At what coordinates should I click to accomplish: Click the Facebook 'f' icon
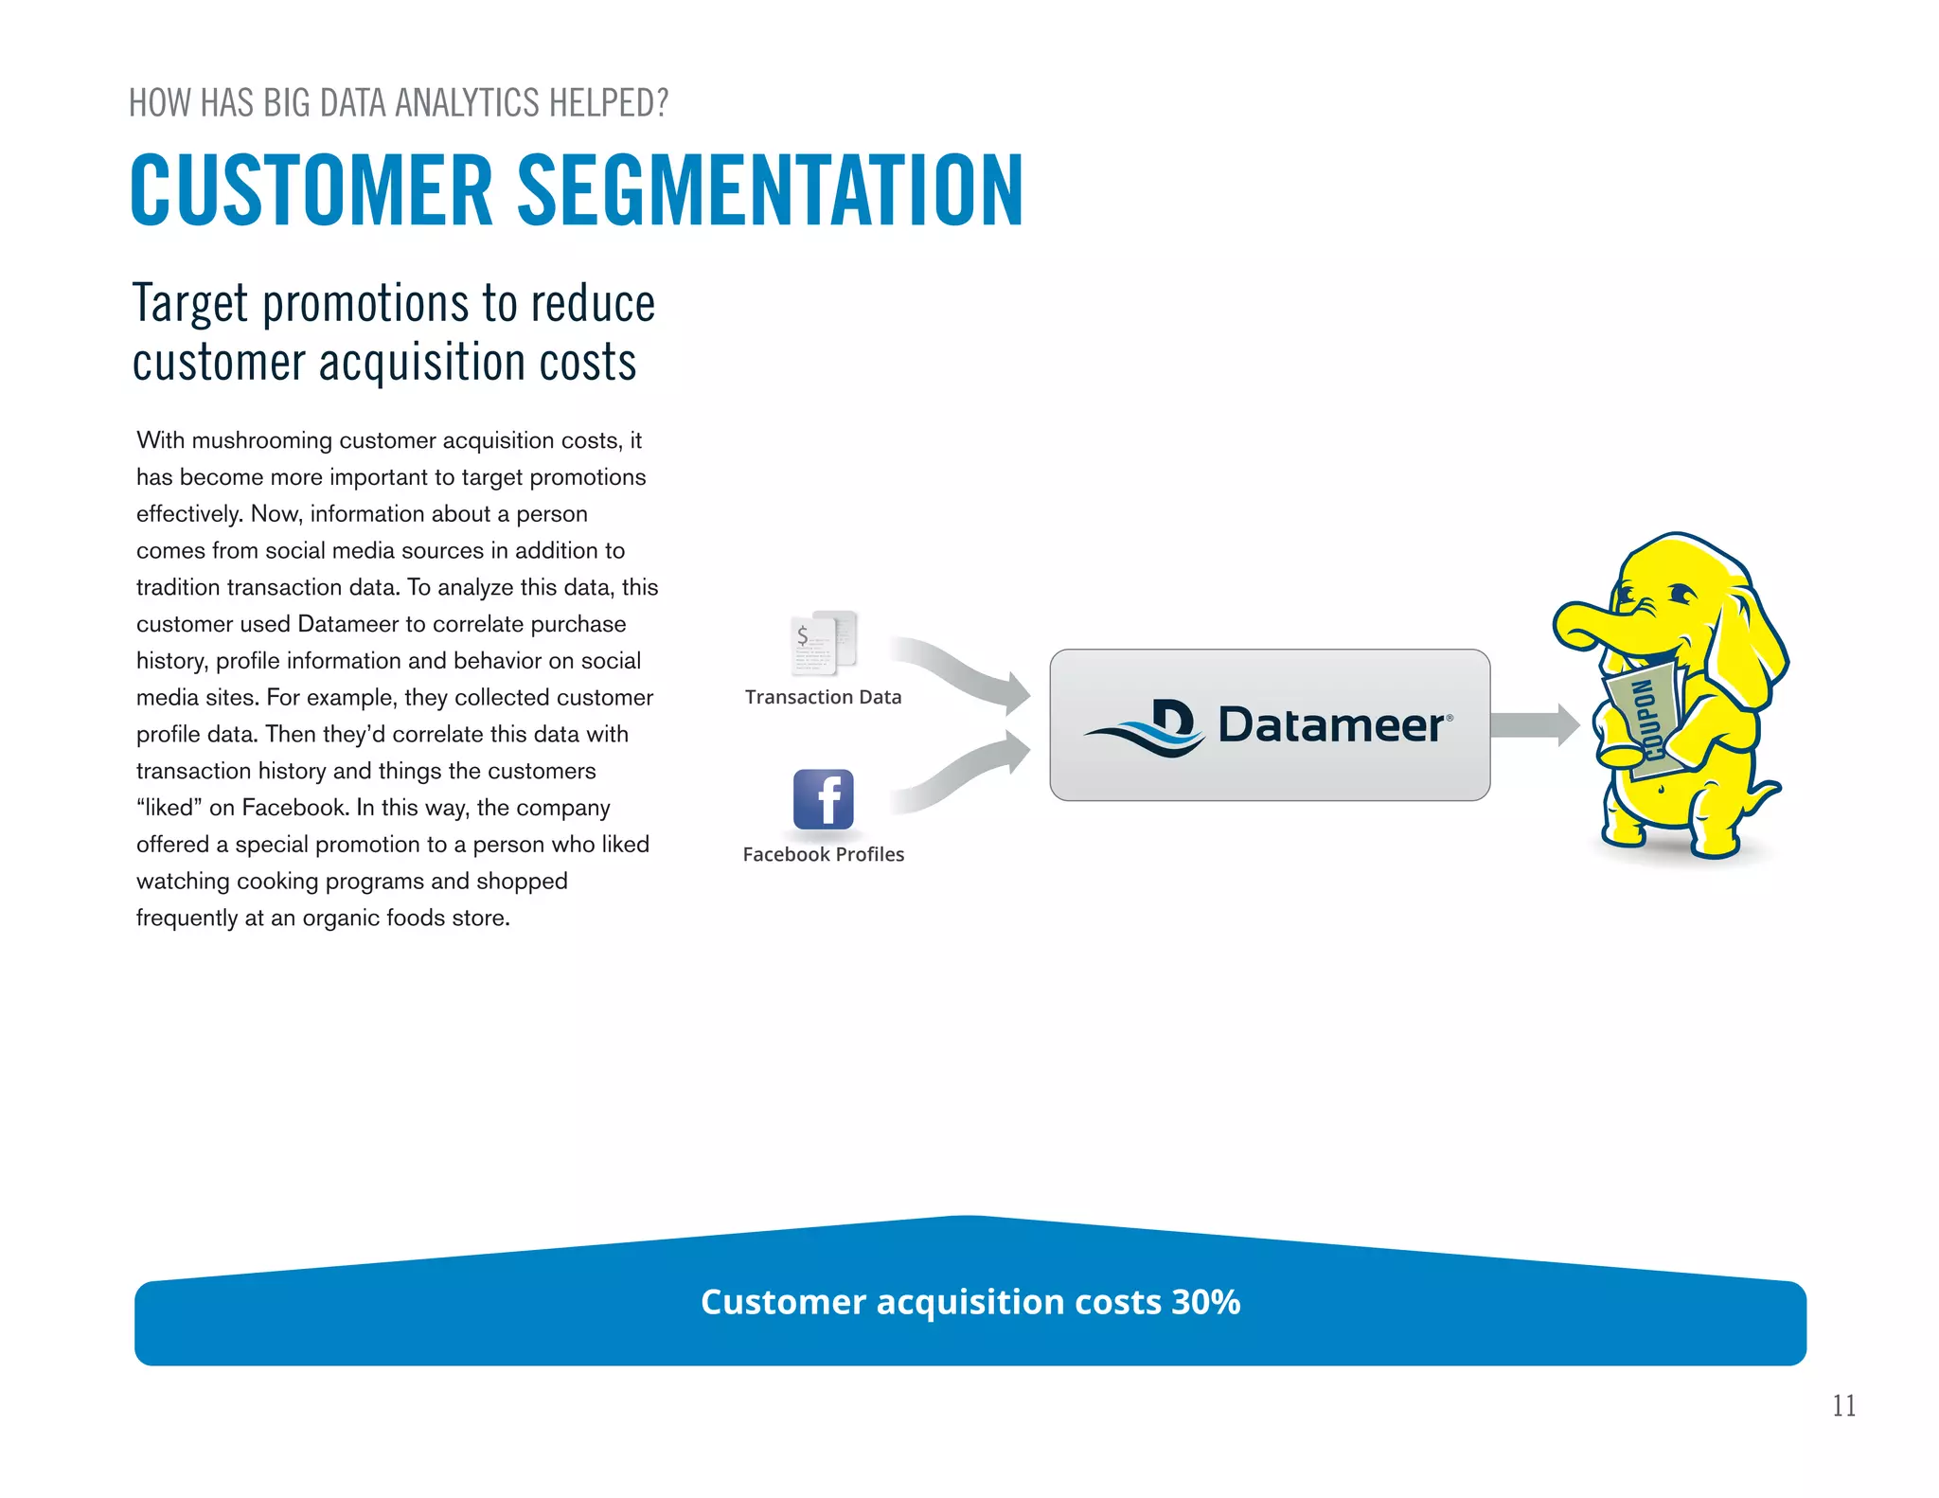[823, 799]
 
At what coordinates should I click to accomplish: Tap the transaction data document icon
[823, 643]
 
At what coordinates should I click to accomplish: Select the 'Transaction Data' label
[823, 697]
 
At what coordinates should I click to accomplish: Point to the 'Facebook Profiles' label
[823, 854]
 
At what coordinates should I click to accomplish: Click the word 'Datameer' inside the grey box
[1330, 725]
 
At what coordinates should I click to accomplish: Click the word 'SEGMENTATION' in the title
[769, 191]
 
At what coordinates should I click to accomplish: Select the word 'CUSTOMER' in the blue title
[311, 191]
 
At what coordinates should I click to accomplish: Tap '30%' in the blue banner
[1205, 1302]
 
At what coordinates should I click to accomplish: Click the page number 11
[1843, 1405]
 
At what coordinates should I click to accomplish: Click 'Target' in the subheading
[190, 305]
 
